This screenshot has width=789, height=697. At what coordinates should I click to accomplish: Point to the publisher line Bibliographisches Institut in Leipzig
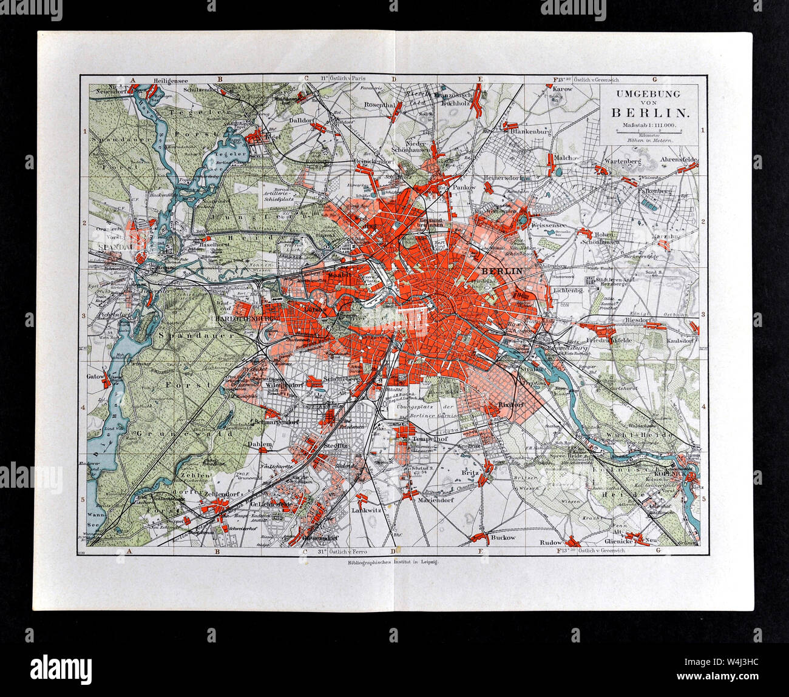394,562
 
